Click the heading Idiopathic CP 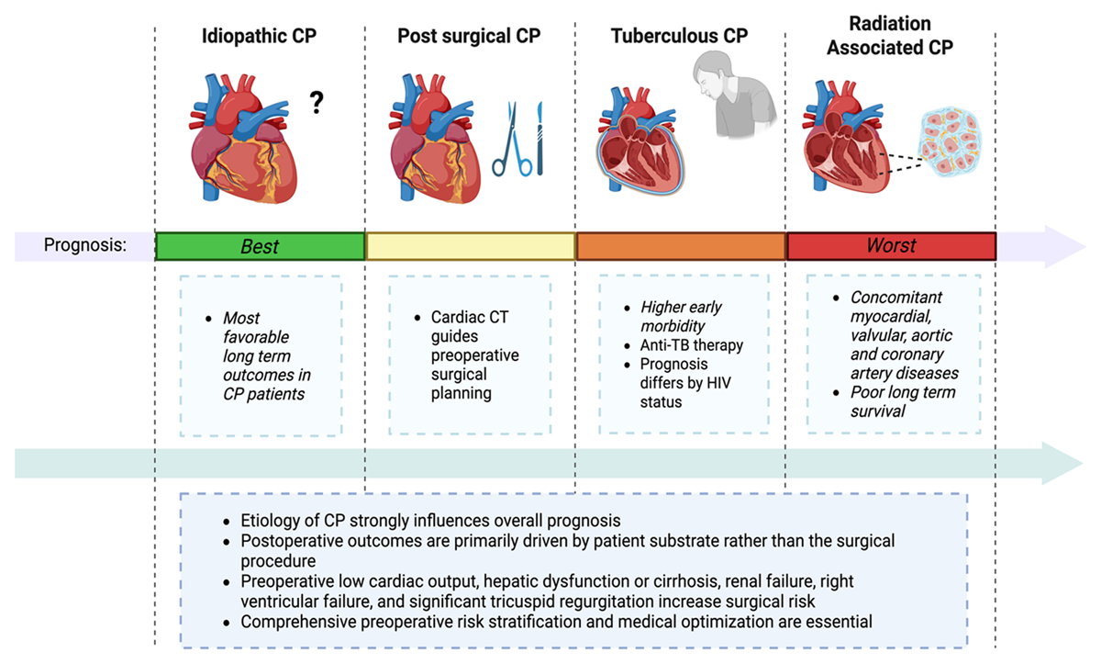click(259, 36)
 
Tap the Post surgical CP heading click(469, 36)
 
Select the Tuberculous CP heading click(679, 36)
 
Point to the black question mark click(317, 102)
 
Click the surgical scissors click(512, 141)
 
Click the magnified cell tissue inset click(950, 141)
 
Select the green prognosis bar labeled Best click(260, 246)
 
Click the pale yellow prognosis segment click(471, 246)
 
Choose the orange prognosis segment click(681, 246)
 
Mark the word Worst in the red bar click(891, 245)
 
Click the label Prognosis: click(85, 244)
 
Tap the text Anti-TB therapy click(692, 345)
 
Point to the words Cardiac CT click(470, 317)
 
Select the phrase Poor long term click(903, 392)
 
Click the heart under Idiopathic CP click(243, 139)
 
